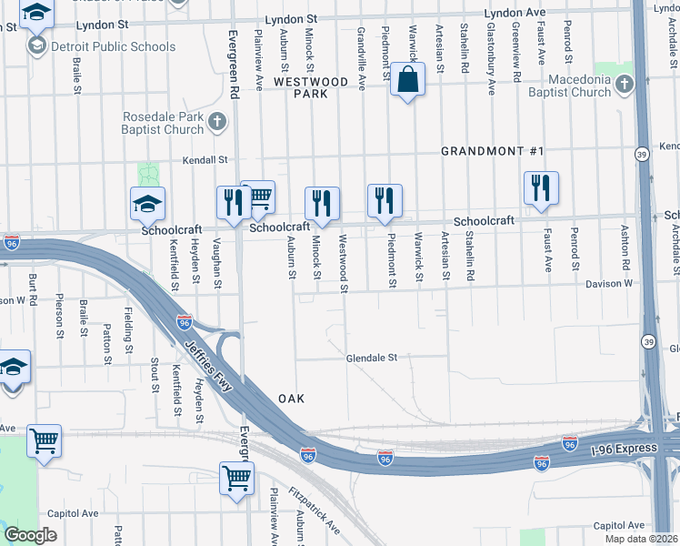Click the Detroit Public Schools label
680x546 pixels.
click(115, 46)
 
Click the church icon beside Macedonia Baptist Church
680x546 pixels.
click(624, 86)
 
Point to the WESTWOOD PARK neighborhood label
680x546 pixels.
click(311, 87)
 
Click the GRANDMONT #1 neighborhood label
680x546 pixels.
click(492, 151)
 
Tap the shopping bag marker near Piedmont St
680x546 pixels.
click(408, 80)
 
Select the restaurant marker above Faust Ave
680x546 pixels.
click(541, 187)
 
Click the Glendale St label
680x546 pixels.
click(372, 359)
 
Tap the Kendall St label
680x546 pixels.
click(204, 159)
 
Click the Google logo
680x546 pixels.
click(30, 535)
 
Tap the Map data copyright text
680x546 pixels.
click(642, 539)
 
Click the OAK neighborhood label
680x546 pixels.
click(290, 399)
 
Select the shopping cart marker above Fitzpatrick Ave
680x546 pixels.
click(236, 477)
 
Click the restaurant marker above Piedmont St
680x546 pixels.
click(385, 200)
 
